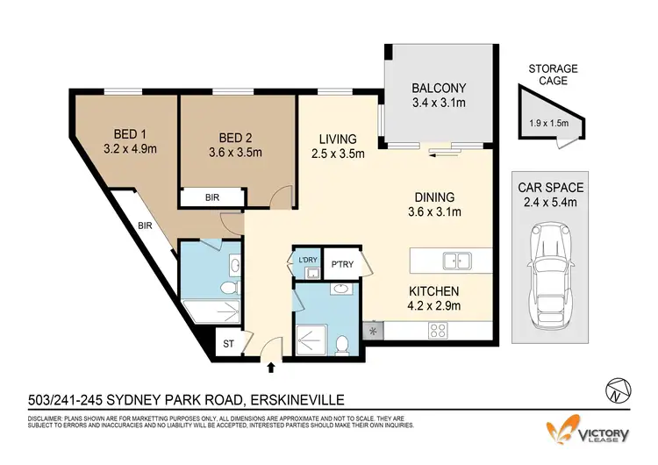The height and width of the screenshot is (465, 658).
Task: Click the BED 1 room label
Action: tap(125, 134)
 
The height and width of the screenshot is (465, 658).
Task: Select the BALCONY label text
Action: tap(440, 88)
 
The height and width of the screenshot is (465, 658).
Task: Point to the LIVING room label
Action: tap(338, 139)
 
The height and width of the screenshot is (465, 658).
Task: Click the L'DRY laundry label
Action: tap(307, 260)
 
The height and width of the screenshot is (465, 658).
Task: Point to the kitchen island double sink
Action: tap(455, 260)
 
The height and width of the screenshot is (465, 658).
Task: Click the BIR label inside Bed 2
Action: tap(211, 198)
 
